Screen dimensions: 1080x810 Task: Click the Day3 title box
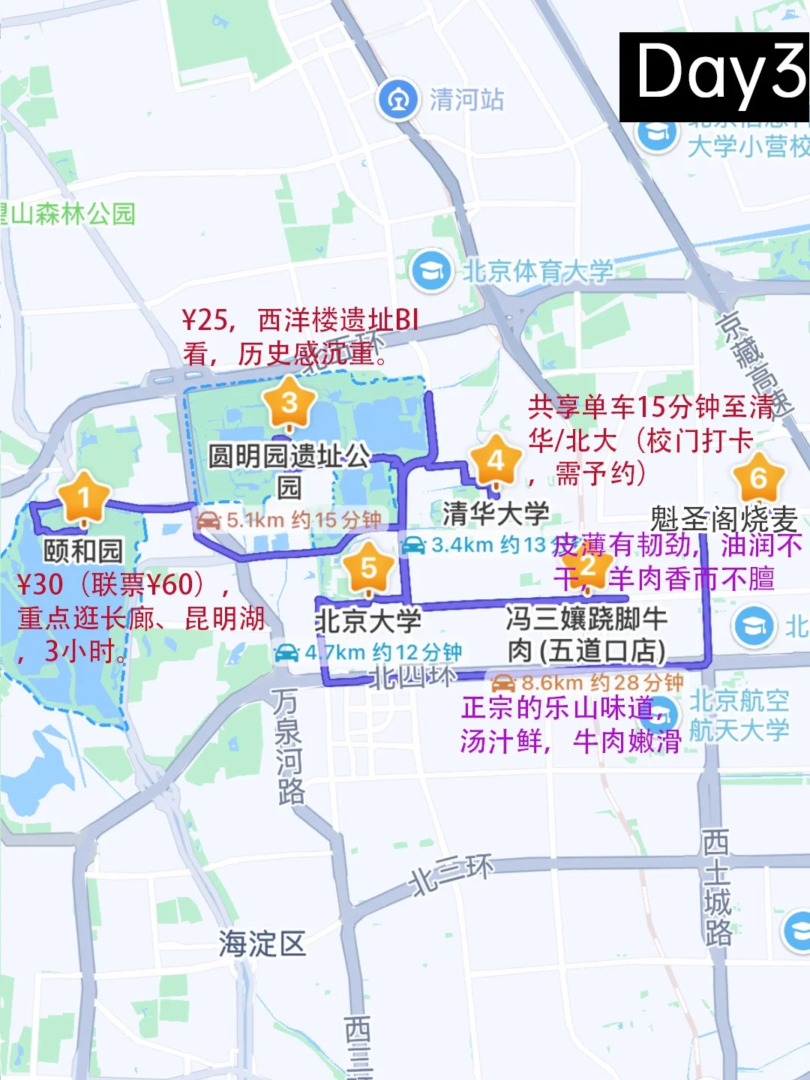tap(714, 76)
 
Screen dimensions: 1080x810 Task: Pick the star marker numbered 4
tap(495, 461)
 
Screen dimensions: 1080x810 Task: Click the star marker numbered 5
tap(368, 568)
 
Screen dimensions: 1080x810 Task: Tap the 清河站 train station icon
tap(398, 99)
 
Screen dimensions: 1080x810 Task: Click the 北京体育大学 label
tap(537, 271)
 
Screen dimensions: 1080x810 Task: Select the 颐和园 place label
tap(83, 550)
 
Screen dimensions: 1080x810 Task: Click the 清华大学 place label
tap(496, 514)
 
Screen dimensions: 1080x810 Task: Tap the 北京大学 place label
tap(368, 620)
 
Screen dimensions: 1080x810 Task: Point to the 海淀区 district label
tap(262, 943)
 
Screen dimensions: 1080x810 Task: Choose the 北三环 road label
tap(451, 874)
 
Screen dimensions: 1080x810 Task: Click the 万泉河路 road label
tap(288, 745)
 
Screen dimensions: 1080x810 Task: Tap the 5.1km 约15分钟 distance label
tap(289, 520)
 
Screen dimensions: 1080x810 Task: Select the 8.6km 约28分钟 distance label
tap(587, 682)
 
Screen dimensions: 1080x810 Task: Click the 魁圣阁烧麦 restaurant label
tap(724, 518)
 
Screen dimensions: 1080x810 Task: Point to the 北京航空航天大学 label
tap(739, 715)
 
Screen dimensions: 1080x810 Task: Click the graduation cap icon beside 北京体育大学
tap(431, 270)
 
